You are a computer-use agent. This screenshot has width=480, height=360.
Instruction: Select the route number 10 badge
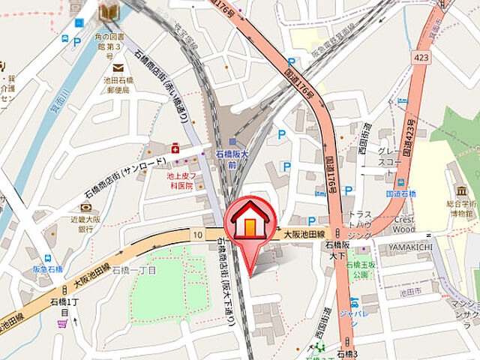click(x=197, y=235)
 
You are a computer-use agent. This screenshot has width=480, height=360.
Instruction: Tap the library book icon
click(x=109, y=11)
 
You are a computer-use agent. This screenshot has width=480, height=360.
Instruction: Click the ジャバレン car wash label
click(x=353, y=315)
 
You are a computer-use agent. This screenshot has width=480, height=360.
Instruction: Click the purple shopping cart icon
click(x=61, y=324)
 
